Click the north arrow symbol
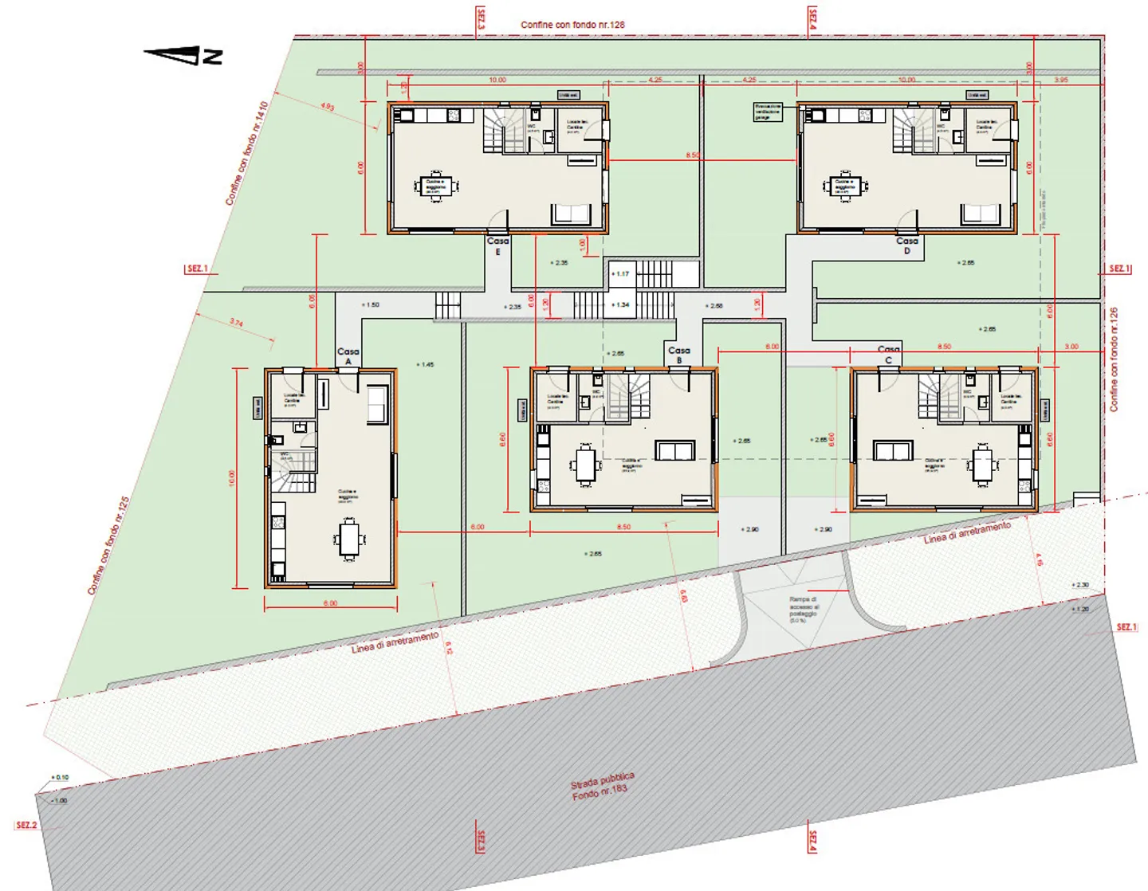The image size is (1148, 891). click(183, 55)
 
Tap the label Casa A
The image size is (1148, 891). click(348, 355)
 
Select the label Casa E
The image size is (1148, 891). click(497, 245)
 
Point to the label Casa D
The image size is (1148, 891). click(906, 245)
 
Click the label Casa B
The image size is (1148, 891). click(678, 354)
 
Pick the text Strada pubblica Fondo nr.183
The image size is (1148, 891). click(602, 786)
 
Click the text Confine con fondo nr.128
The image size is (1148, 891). click(572, 25)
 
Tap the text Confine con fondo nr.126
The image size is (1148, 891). click(1114, 359)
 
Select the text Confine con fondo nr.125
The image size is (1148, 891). click(108, 545)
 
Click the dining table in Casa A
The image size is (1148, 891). click(349, 539)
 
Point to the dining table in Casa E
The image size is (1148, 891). click(435, 186)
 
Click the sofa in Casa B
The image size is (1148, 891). click(674, 451)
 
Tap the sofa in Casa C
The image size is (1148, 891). click(892, 451)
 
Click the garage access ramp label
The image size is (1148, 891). click(804, 609)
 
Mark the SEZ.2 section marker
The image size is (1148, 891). click(26, 825)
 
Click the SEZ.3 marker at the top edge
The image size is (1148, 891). click(481, 18)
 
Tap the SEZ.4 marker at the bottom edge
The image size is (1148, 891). click(812, 841)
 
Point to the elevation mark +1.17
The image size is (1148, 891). click(620, 274)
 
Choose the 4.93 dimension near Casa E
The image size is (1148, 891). click(327, 106)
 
